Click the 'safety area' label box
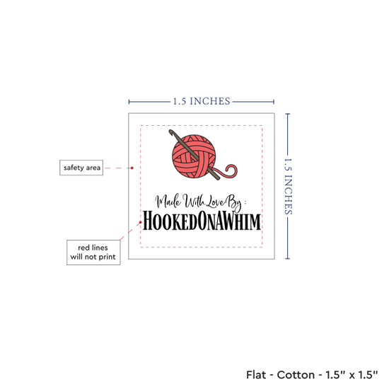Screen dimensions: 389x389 (x=81, y=168)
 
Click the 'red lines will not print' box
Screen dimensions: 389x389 (x=93, y=252)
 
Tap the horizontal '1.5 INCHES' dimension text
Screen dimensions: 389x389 (x=202, y=101)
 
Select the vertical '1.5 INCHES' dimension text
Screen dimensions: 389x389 (x=289, y=186)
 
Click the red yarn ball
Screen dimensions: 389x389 (x=194, y=157)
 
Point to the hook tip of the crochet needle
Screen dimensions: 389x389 (x=170, y=132)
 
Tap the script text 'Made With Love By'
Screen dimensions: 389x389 (x=198, y=202)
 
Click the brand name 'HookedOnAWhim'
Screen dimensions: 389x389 (x=202, y=221)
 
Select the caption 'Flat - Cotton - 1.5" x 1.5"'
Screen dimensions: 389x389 (x=312, y=375)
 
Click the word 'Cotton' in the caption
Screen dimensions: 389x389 (x=296, y=375)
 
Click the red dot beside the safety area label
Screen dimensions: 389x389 (x=132, y=168)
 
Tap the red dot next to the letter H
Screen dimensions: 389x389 (x=141, y=222)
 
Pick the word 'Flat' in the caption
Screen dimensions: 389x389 (x=256, y=375)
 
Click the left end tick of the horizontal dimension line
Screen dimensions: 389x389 (x=129, y=102)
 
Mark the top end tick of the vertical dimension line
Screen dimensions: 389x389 (x=288, y=114)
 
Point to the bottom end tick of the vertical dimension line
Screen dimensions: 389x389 (x=288, y=259)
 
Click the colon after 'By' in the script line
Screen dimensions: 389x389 (x=245, y=202)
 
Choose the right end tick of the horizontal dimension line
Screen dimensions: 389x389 (x=274, y=102)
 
